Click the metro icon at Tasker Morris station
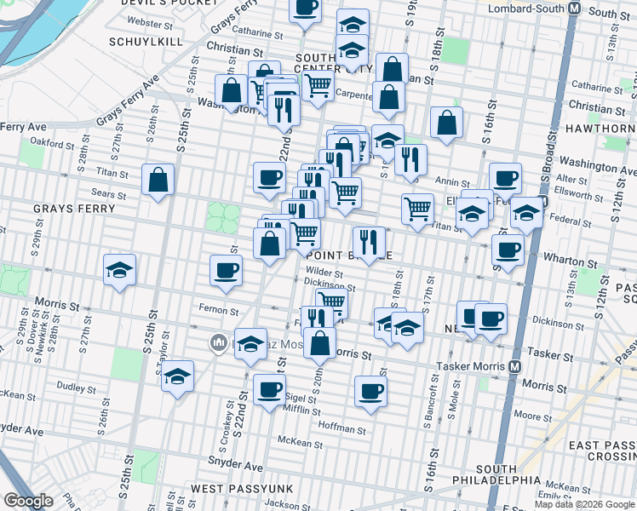(514, 367)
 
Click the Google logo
(28, 501)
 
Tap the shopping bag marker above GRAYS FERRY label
(158, 180)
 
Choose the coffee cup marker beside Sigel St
(269, 390)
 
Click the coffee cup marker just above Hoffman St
(370, 392)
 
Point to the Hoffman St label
(341, 424)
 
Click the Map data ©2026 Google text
(583, 503)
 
